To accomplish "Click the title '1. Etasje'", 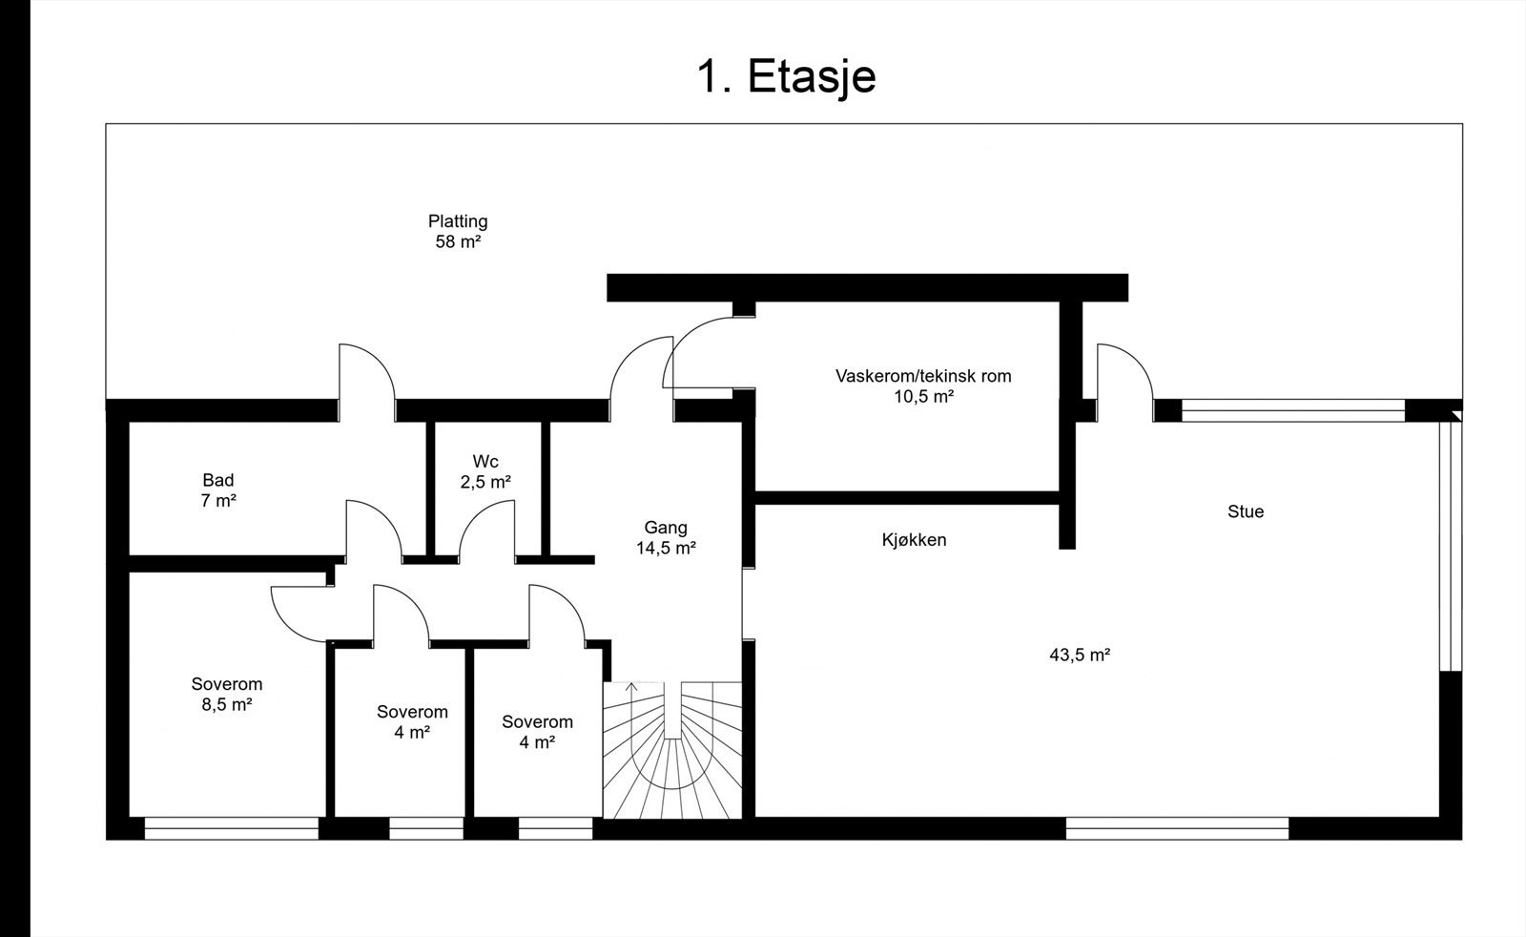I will pyautogui.click(x=786, y=75).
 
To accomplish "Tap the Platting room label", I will pyautogui.click(x=458, y=221).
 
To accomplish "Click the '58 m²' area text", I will pyautogui.click(x=458, y=242).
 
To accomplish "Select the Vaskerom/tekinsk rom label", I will pyautogui.click(x=923, y=376).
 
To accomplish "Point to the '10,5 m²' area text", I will pyautogui.click(x=923, y=397).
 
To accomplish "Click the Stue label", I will pyautogui.click(x=1246, y=511).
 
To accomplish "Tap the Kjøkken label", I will pyautogui.click(x=914, y=540).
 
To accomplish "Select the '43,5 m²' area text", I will pyautogui.click(x=1080, y=656).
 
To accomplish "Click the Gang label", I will pyautogui.click(x=666, y=528).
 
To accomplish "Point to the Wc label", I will pyautogui.click(x=485, y=462).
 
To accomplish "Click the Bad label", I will pyautogui.click(x=218, y=480).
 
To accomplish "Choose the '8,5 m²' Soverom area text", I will pyautogui.click(x=227, y=705).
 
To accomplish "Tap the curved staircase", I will pyautogui.click(x=673, y=763).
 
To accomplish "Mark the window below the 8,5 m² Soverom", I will pyautogui.click(x=231, y=828).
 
